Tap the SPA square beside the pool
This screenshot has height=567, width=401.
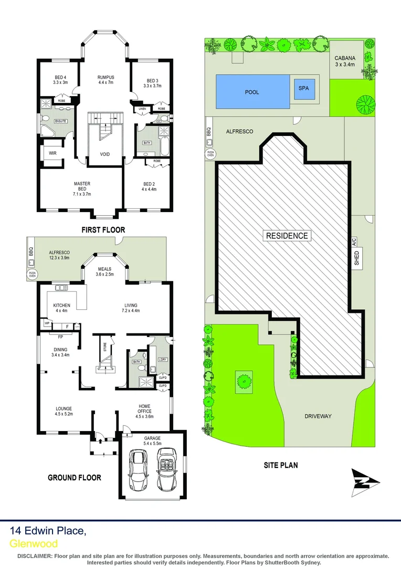pos(304,89)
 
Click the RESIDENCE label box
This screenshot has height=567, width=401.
pos(287,235)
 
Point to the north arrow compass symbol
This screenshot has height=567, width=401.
pos(363,482)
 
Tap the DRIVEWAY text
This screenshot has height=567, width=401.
pos(318,416)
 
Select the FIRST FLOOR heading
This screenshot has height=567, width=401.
pos(103,230)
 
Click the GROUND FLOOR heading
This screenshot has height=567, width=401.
pos(74,477)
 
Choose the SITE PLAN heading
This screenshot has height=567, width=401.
pos(280,465)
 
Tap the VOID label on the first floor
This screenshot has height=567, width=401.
pos(105,154)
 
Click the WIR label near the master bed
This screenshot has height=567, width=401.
pos(52,153)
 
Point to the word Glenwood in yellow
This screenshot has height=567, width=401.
pos(34,543)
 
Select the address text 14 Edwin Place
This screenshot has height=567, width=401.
pos(48,531)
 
